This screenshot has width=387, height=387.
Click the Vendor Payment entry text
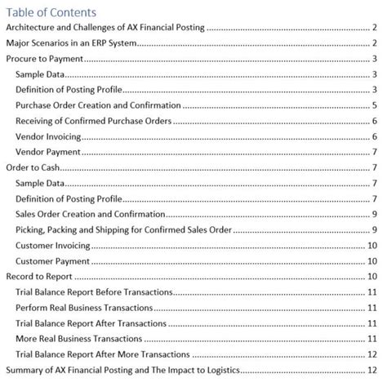[x=46, y=152]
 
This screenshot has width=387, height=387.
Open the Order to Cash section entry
[x=33, y=167]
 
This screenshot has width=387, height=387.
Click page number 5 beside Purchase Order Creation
[x=373, y=105]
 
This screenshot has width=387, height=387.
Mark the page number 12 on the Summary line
[x=371, y=370]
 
